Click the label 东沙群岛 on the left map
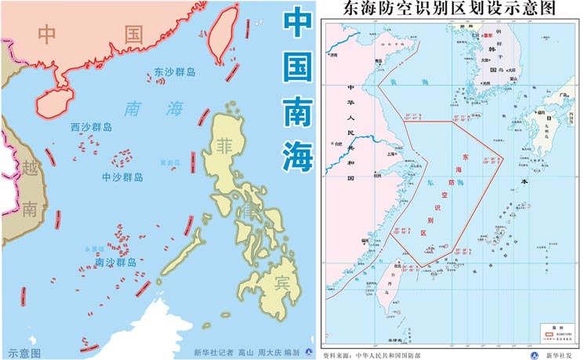coord(169,71)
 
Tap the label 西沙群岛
coord(91,127)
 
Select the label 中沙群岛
coord(122,177)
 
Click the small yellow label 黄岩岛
coord(169,163)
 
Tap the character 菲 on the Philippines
coord(226,147)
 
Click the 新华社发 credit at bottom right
coord(553,355)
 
